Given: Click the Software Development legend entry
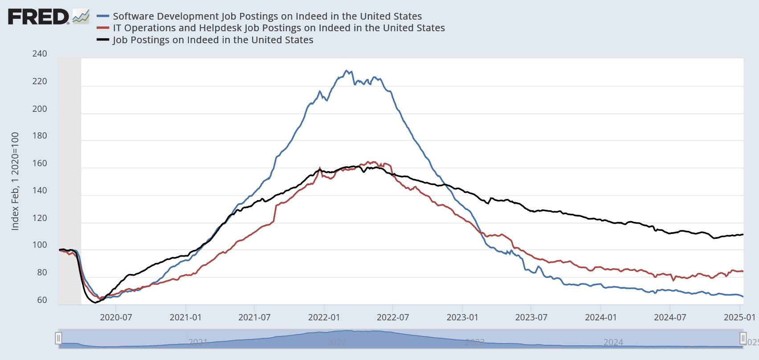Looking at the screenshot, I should pyautogui.click(x=267, y=16).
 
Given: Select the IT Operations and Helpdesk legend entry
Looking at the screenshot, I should pyautogui.click(x=278, y=28).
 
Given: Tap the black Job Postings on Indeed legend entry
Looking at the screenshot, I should pyautogui.click(x=213, y=40).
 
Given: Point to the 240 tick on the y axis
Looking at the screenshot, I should pyautogui.click(x=40, y=53).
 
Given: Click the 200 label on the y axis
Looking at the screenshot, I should pyautogui.click(x=40, y=109).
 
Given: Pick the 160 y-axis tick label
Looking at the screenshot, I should pyautogui.click(x=40, y=163).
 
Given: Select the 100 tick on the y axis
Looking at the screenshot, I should pyautogui.click(x=40, y=245).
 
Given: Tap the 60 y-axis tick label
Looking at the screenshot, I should pyautogui.click(x=42, y=300).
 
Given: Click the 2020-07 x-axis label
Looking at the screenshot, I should pyautogui.click(x=116, y=317).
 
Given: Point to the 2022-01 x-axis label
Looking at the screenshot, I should pyautogui.click(x=324, y=317).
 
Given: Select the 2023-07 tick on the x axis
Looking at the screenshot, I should pyautogui.click(x=531, y=317).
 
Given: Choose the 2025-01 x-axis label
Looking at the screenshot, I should pyautogui.click(x=739, y=317).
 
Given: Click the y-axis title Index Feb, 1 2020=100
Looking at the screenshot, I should pyautogui.click(x=15, y=181).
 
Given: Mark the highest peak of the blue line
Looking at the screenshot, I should pyautogui.click(x=347, y=70).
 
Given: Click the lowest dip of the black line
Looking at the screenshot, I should pyautogui.click(x=95, y=303).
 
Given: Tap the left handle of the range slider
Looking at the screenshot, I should pyautogui.click(x=58, y=338).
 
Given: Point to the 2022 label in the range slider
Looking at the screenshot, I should pyautogui.click(x=336, y=342).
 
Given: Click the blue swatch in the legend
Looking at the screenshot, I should pyautogui.click(x=103, y=16).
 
